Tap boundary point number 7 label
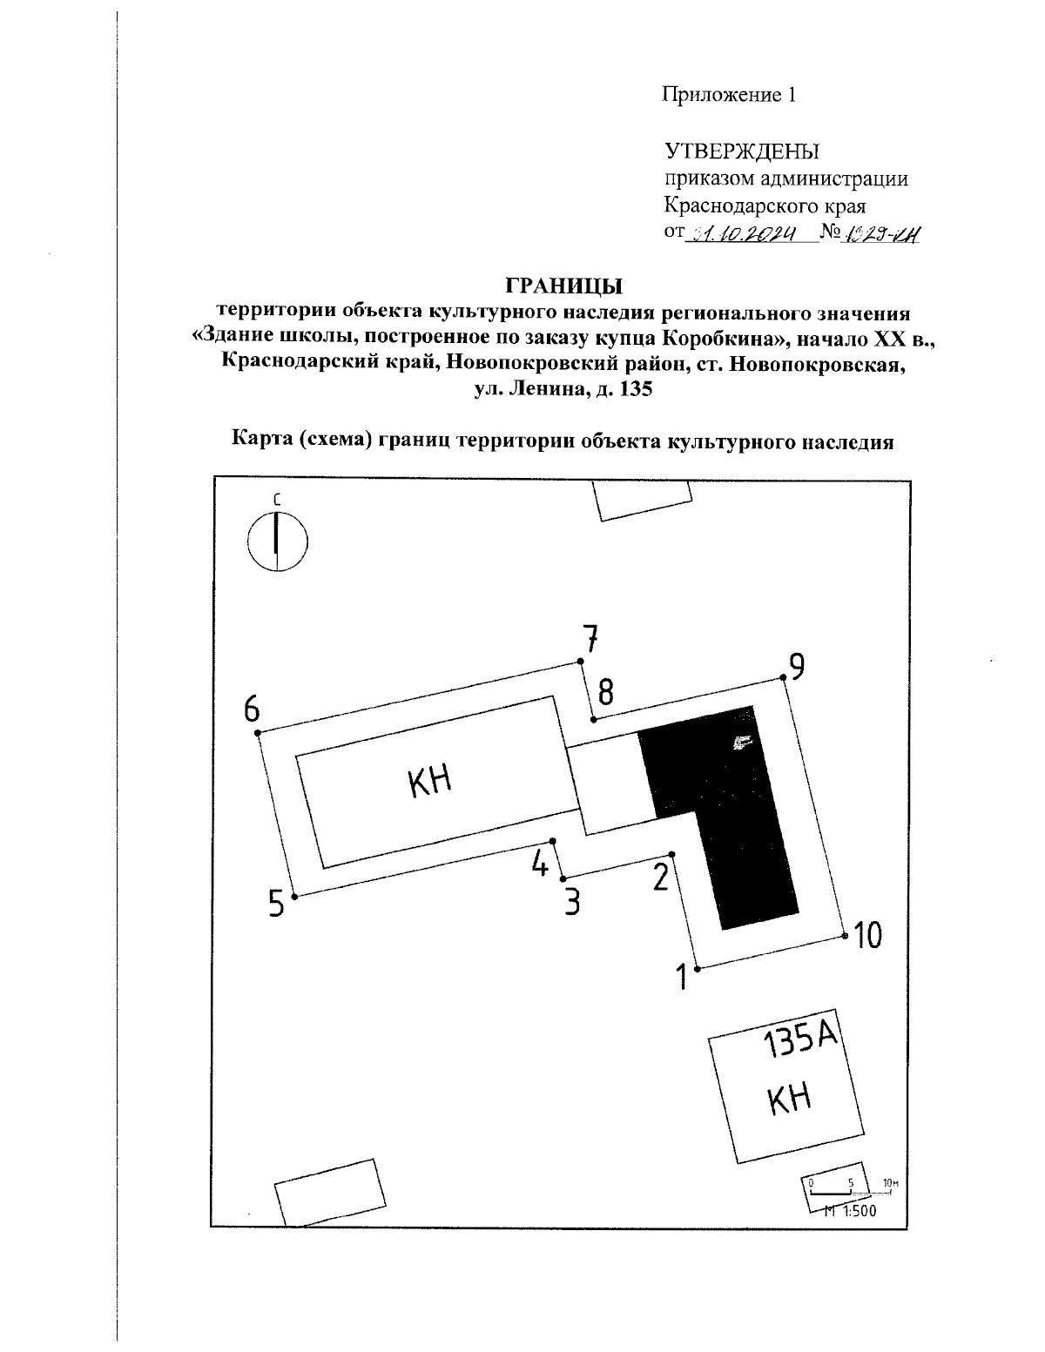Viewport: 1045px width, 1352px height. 591,640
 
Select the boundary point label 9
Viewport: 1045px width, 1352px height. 796,666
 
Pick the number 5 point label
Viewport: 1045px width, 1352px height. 276,905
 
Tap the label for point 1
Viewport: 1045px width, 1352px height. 684,977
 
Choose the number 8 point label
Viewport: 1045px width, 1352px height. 605,693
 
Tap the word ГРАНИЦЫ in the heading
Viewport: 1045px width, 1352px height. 564,286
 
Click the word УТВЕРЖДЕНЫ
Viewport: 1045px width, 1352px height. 741,151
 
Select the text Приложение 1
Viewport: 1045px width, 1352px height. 730,95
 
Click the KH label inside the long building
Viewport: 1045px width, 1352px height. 429,781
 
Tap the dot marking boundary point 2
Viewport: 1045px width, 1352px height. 671,854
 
